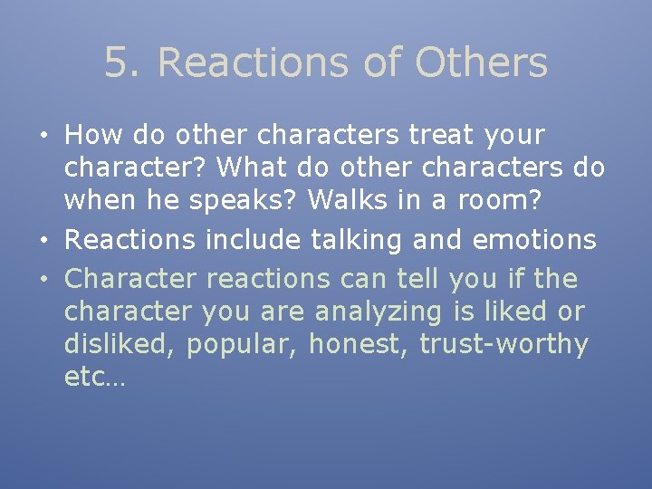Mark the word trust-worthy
[503, 345]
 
